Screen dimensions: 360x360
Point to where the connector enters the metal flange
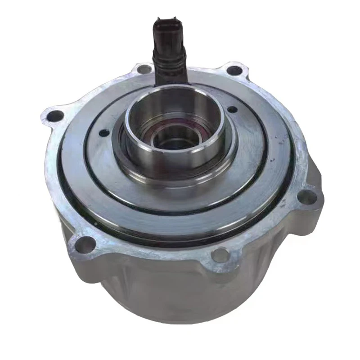pos(170,81)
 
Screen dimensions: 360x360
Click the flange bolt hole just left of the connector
pos(144,69)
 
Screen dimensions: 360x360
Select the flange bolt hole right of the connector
pos(234,71)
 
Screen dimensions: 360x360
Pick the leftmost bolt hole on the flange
pos(55,116)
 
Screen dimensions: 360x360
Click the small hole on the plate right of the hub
pos(232,109)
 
